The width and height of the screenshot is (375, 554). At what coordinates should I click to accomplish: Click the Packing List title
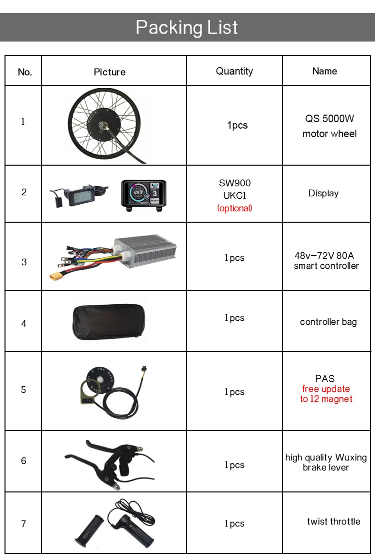pyautogui.click(x=187, y=27)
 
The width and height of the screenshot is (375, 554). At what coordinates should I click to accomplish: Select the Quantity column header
pyautogui.click(x=234, y=71)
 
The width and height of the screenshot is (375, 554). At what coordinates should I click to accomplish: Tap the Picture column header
pyautogui.click(x=109, y=72)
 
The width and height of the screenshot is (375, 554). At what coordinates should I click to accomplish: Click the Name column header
pyautogui.click(x=324, y=71)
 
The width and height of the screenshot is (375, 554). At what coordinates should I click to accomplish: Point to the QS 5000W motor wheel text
pyautogui.click(x=329, y=126)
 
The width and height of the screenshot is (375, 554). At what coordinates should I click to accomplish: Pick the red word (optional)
pyautogui.click(x=234, y=208)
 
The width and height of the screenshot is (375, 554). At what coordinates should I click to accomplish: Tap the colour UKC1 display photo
pyautogui.click(x=143, y=195)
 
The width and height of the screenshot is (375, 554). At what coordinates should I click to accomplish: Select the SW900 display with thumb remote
pyautogui.click(x=80, y=193)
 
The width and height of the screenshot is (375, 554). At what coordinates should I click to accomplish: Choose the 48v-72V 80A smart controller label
pyautogui.click(x=326, y=261)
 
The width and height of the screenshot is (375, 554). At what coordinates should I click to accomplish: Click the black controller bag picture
pyautogui.click(x=108, y=320)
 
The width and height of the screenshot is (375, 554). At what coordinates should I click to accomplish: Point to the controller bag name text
pyautogui.click(x=328, y=322)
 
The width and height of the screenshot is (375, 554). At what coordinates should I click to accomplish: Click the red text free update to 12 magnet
pyautogui.click(x=326, y=394)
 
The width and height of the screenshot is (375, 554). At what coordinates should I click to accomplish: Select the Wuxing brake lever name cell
pyautogui.click(x=325, y=462)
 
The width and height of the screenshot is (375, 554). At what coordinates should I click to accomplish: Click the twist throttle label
pyautogui.click(x=333, y=521)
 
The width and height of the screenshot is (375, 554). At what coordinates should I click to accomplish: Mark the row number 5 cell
pyautogui.click(x=23, y=390)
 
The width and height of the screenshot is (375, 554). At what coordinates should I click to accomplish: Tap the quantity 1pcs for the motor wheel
pyautogui.click(x=237, y=125)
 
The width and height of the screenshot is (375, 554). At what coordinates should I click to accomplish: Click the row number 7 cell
pyautogui.click(x=23, y=524)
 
